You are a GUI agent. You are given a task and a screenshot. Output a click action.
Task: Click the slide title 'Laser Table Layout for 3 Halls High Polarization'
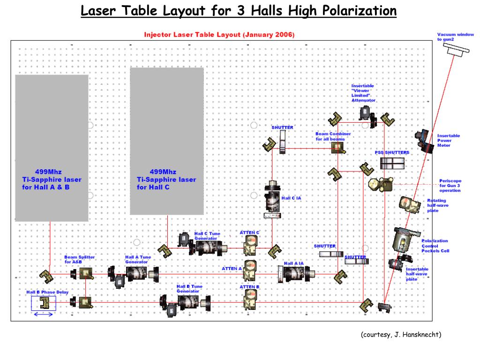[x=239, y=10]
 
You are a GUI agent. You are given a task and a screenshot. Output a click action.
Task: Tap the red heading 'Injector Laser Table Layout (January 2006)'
[x=219, y=35]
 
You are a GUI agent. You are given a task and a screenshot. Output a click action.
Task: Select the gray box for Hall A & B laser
[x=52, y=148]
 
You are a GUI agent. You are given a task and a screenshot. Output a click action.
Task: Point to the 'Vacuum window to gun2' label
[x=455, y=37]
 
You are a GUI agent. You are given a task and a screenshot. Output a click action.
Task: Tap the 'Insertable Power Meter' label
[x=449, y=140]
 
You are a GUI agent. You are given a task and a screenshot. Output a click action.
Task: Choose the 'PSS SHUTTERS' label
[x=391, y=153]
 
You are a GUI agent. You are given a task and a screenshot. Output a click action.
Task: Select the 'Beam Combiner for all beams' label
[x=333, y=136]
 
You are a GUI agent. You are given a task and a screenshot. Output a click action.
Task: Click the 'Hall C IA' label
[x=291, y=198]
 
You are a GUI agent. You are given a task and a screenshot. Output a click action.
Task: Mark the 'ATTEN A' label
[x=232, y=269]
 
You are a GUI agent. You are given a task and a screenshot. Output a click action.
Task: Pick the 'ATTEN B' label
[x=249, y=287]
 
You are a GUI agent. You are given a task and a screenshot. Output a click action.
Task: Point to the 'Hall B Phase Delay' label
[x=47, y=292]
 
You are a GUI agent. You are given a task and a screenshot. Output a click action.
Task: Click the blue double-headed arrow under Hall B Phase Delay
[x=43, y=315]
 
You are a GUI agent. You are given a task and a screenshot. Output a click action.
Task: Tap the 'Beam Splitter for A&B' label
[x=79, y=259]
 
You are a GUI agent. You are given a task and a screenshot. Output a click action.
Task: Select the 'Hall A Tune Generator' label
[x=138, y=259]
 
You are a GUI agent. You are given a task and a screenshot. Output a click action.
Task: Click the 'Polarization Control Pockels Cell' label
[x=435, y=246]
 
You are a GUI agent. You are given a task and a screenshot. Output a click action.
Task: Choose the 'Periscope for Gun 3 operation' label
[x=450, y=186]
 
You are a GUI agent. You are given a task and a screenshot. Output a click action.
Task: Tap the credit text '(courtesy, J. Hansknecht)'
[x=401, y=334]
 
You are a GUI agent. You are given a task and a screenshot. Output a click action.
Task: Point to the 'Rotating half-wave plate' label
[x=436, y=205]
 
